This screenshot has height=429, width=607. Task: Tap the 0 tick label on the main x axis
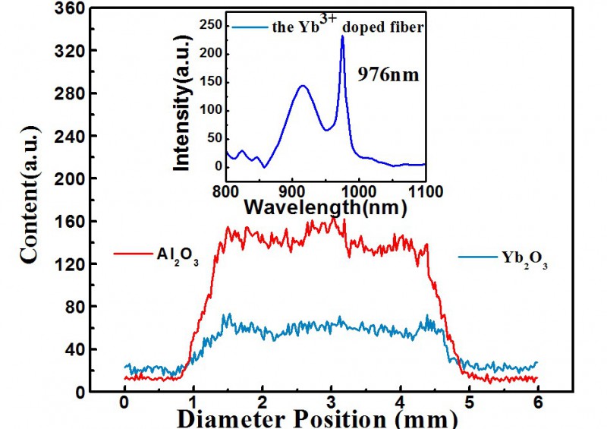point(124,403)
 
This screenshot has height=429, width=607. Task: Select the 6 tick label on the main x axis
point(537,403)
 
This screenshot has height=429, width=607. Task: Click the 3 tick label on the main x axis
point(331,403)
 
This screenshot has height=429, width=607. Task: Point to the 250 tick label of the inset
point(207,25)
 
